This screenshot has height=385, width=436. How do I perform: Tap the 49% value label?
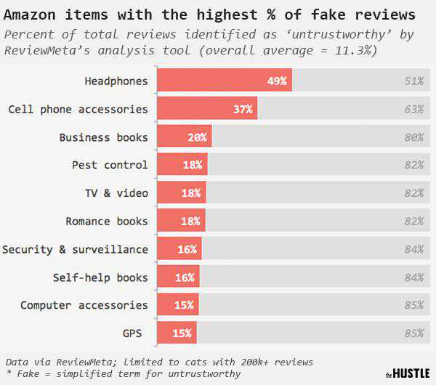277,81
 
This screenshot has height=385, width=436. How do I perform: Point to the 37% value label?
243,109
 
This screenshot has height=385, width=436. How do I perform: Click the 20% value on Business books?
197,137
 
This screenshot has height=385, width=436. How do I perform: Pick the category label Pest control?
110,165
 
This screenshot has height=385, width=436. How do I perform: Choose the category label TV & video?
116,193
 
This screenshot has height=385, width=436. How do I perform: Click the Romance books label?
107,222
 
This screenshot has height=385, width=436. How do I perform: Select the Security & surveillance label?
75,249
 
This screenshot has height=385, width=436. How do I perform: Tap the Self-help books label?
100,277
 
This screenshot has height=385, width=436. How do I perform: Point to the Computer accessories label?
84,305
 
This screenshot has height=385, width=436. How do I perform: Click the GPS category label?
132,333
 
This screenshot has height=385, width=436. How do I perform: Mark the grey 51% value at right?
414,81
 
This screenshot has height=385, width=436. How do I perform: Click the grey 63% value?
414,109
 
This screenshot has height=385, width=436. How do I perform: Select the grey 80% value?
414,137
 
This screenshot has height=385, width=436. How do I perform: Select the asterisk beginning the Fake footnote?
8,373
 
